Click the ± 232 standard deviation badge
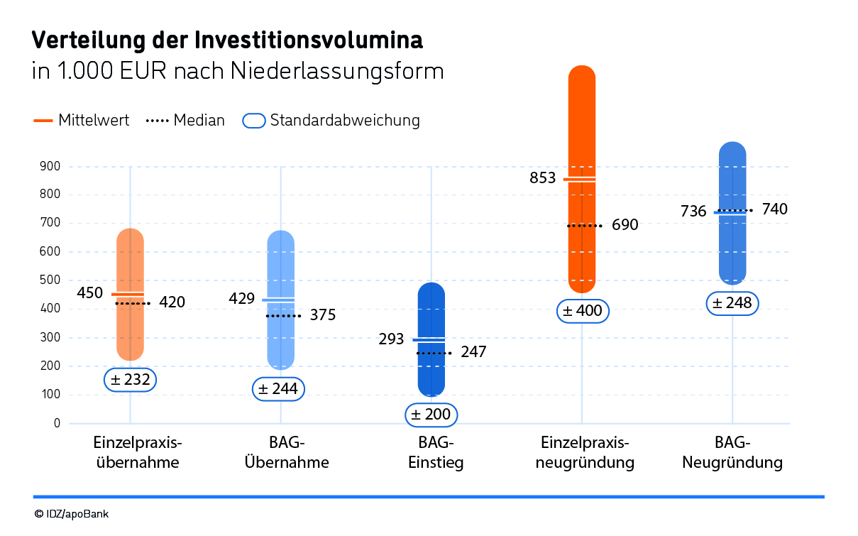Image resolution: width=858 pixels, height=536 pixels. [130, 380]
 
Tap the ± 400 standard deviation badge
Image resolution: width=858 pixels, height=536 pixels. [582, 310]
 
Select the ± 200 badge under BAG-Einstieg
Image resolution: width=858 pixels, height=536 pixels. [431, 414]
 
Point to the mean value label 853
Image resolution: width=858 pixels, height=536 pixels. [543, 177]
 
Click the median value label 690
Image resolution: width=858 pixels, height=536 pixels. [625, 225]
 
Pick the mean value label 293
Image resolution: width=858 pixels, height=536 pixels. [392, 339]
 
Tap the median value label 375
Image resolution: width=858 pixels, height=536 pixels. [323, 315]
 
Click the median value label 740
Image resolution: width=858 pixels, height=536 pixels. [774, 209]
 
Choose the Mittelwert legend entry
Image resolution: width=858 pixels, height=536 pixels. [82, 121]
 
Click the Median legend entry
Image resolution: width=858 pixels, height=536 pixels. [185, 121]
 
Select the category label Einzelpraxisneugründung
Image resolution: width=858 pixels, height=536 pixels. [585, 453]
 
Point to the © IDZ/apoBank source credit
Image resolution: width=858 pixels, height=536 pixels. [71, 513]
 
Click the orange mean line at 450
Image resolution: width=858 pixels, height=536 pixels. [128, 294]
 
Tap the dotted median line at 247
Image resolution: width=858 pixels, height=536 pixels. [434, 353]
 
